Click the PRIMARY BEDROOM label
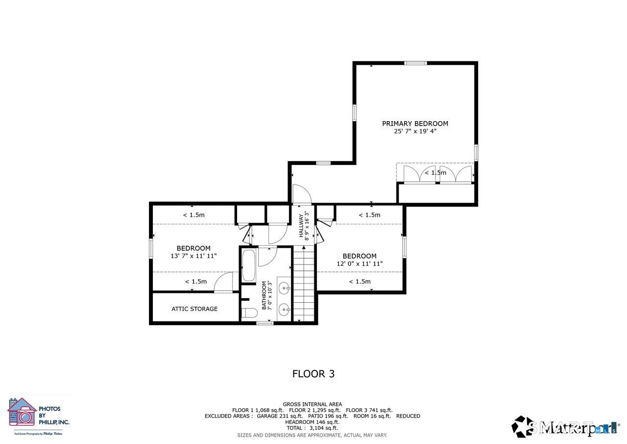[415, 124]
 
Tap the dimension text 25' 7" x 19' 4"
[415, 131]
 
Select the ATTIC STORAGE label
[194, 309]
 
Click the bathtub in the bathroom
[248, 265]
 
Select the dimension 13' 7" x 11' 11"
[193, 256]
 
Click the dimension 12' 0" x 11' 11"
[360, 263]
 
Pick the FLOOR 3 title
[313, 374]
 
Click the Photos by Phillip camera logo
[22, 412]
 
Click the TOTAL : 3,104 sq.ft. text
[313, 428]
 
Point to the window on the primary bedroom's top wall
[415, 63]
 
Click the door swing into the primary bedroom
[301, 194]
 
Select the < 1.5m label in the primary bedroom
[435, 173]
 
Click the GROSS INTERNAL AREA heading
[313, 404]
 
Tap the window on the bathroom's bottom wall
[265, 323]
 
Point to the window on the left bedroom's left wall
[151, 248]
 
